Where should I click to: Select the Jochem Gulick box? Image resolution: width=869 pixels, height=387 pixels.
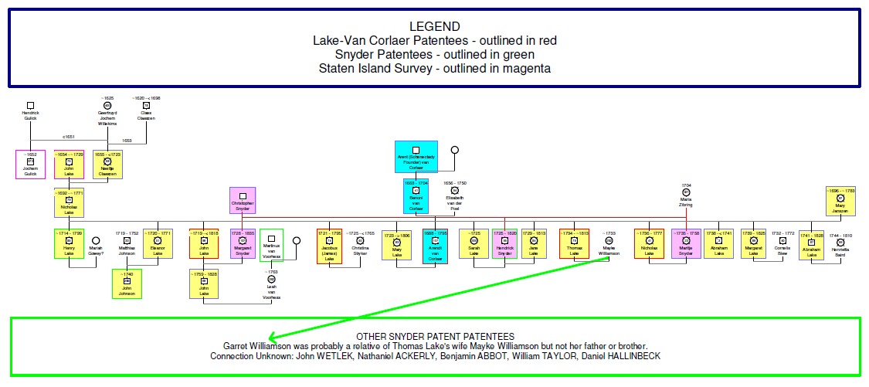click(31, 163)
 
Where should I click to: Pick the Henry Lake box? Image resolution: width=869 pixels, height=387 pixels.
click(69, 244)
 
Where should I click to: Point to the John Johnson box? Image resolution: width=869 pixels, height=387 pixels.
click(126, 283)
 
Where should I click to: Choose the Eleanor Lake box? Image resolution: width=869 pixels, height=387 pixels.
click(158, 244)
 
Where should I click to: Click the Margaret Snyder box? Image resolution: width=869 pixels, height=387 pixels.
click(243, 244)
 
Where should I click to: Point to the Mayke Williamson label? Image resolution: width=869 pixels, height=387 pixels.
click(609, 250)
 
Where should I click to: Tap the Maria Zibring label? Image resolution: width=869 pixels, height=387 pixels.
click(686, 202)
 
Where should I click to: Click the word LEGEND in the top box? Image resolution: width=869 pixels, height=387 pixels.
click(434, 25)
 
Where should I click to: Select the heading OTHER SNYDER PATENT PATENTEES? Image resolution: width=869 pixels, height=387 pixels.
click(434, 337)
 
